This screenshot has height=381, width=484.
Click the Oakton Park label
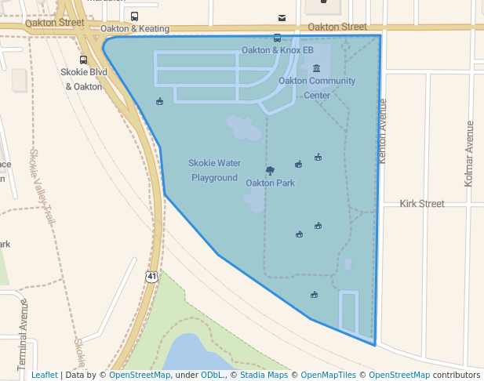click(270, 183)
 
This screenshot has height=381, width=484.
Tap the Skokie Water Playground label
click(214, 170)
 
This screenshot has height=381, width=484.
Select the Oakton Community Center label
click(317, 88)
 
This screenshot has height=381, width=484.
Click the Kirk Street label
click(422, 204)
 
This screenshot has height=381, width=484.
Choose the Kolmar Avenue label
click(469, 153)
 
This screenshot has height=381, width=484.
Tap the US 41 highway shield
click(151, 277)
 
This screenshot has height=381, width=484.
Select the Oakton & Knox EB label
click(277, 50)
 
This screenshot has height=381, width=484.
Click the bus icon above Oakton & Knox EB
click(277, 38)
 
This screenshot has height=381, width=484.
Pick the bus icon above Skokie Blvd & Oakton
click(84, 60)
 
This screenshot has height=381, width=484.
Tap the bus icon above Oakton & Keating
click(135, 16)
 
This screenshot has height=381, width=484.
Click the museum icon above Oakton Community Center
click(316, 68)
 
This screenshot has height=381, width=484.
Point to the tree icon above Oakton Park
click(270, 170)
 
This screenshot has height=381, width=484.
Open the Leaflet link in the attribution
click(45, 375)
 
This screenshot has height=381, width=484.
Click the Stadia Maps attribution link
click(264, 375)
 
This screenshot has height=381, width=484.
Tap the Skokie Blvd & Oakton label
click(84, 79)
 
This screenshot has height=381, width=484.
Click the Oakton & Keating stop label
click(135, 29)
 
